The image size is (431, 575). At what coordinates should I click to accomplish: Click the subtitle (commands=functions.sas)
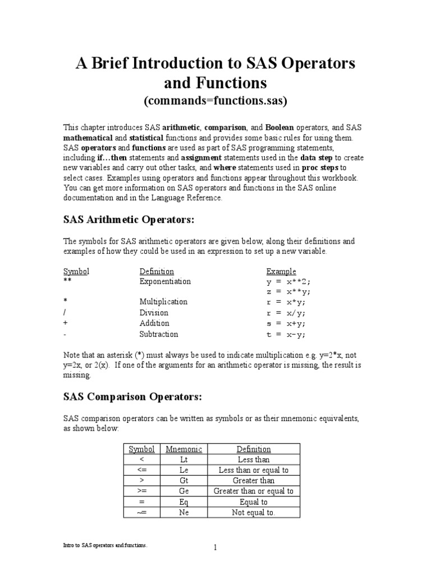coord(215,101)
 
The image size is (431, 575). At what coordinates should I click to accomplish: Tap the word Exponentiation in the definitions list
coord(165,281)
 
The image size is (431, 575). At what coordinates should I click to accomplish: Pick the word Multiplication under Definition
coord(163,302)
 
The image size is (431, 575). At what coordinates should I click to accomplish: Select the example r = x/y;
coord(286,313)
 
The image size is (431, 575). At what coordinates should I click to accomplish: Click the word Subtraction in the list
coord(159,334)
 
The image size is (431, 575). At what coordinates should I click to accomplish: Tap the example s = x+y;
coord(286,323)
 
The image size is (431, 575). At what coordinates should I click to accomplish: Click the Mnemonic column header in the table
coord(184,449)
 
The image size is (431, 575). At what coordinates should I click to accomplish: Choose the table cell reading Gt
coord(184,481)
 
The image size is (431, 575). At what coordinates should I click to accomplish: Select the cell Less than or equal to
coord(253,470)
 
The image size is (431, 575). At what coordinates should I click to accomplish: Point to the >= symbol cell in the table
coord(141,491)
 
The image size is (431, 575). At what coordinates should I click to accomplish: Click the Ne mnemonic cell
coord(184,512)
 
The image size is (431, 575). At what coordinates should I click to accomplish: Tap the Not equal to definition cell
coord(253,512)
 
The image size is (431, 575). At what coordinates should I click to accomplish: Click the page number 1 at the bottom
coord(215,549)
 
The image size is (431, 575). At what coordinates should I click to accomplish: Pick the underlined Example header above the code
coord(281,271)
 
